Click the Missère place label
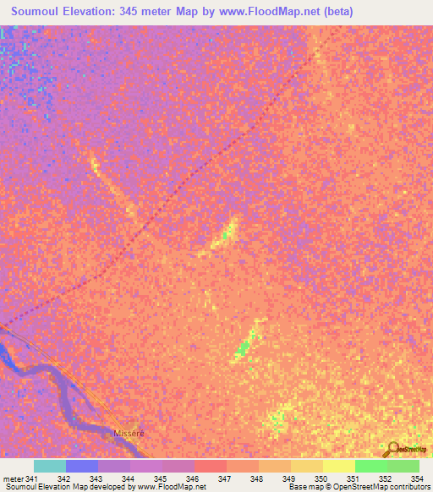click(129, 433)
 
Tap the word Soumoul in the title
click(40, 12)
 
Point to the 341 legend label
click(32, 479)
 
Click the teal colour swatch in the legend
click(50, 466)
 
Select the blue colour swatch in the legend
click(82, 466)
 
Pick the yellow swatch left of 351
click(338, 466)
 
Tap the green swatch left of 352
click(370, 466)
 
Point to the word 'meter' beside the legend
click(13, 479)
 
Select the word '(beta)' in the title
click(337, 12)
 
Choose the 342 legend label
click(64, 479)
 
